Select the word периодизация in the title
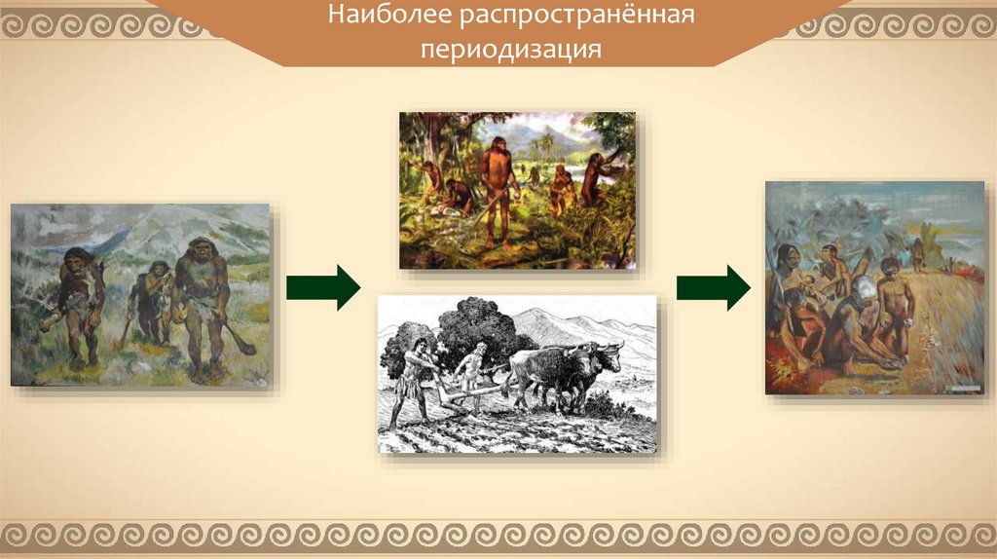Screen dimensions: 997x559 click(x=511, y=49)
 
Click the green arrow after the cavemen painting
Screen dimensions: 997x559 click(x=323, y=287)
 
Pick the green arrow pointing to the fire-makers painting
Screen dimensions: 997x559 click(x=714, y=287)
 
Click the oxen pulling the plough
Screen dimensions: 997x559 click(x=566, y=374)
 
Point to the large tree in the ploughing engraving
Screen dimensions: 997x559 click(x=478, y=331)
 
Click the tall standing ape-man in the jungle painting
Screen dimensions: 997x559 click(x=499, y=191)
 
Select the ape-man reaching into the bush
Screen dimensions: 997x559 click(x=598, y=178)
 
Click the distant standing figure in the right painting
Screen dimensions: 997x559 click(x=917, y=254)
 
